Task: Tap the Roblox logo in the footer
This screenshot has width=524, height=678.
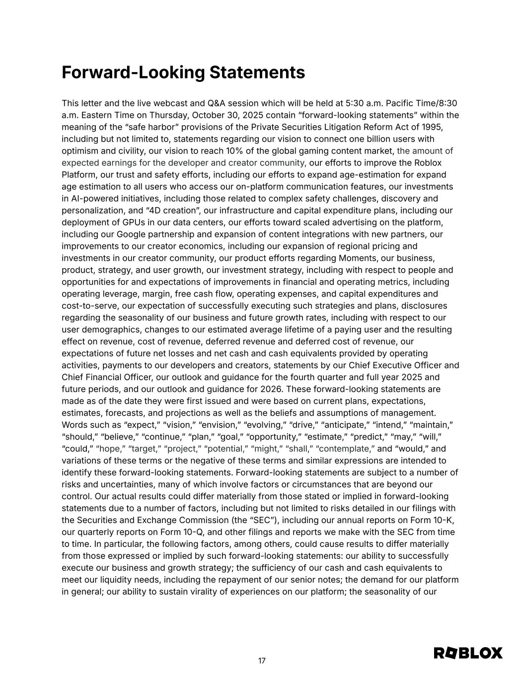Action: click(x=468, y=653)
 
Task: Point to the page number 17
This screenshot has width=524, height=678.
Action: click(x=262, y=661)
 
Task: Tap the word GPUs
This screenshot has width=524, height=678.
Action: click(x=134, y=223)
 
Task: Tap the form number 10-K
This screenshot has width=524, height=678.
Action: click(x=444, y=521)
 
